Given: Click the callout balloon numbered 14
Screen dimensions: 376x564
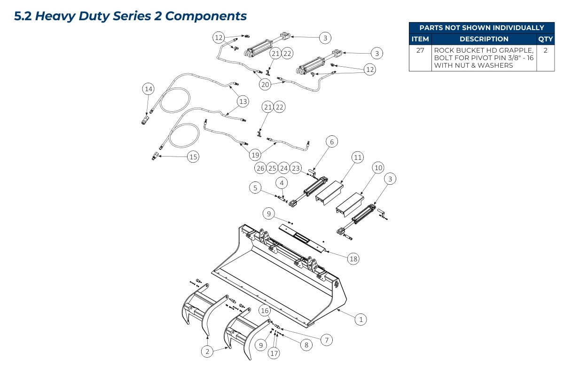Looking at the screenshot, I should [x=149, y=88].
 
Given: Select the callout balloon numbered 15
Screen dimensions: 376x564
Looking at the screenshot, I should [x=193, y=157].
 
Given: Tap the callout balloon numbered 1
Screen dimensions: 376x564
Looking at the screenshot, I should [x=360, y=320].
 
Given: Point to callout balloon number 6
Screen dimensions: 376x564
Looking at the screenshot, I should [x=331, y=141].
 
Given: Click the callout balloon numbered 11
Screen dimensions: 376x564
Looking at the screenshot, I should [x=358, y=157].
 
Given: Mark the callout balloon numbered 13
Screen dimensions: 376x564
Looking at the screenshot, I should [x=243, y=101].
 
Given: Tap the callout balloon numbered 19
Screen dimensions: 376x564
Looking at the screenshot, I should [x=255, y=155].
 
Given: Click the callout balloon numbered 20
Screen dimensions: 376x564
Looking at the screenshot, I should [x=266, y=84].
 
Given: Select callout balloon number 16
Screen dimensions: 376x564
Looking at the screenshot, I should [x=265, y=311].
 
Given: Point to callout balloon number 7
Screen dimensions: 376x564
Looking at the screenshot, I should [x=327, y=339].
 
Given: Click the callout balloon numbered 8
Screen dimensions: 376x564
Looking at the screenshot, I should [x=306, y=345].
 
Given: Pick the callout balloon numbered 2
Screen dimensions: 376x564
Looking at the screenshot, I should [x=207, y=351].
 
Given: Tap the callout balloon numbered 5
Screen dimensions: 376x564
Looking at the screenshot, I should [x=255, y=188].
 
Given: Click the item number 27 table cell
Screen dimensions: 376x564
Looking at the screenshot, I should [x=420, y=50].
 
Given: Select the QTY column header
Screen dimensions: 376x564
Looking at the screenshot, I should [x=546, y=39].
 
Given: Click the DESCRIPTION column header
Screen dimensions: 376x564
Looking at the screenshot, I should [x=484, y=39].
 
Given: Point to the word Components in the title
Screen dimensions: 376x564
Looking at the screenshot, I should [x=206, y=16].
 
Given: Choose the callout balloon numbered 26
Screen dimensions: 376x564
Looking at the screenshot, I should [x=260, y=168].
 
